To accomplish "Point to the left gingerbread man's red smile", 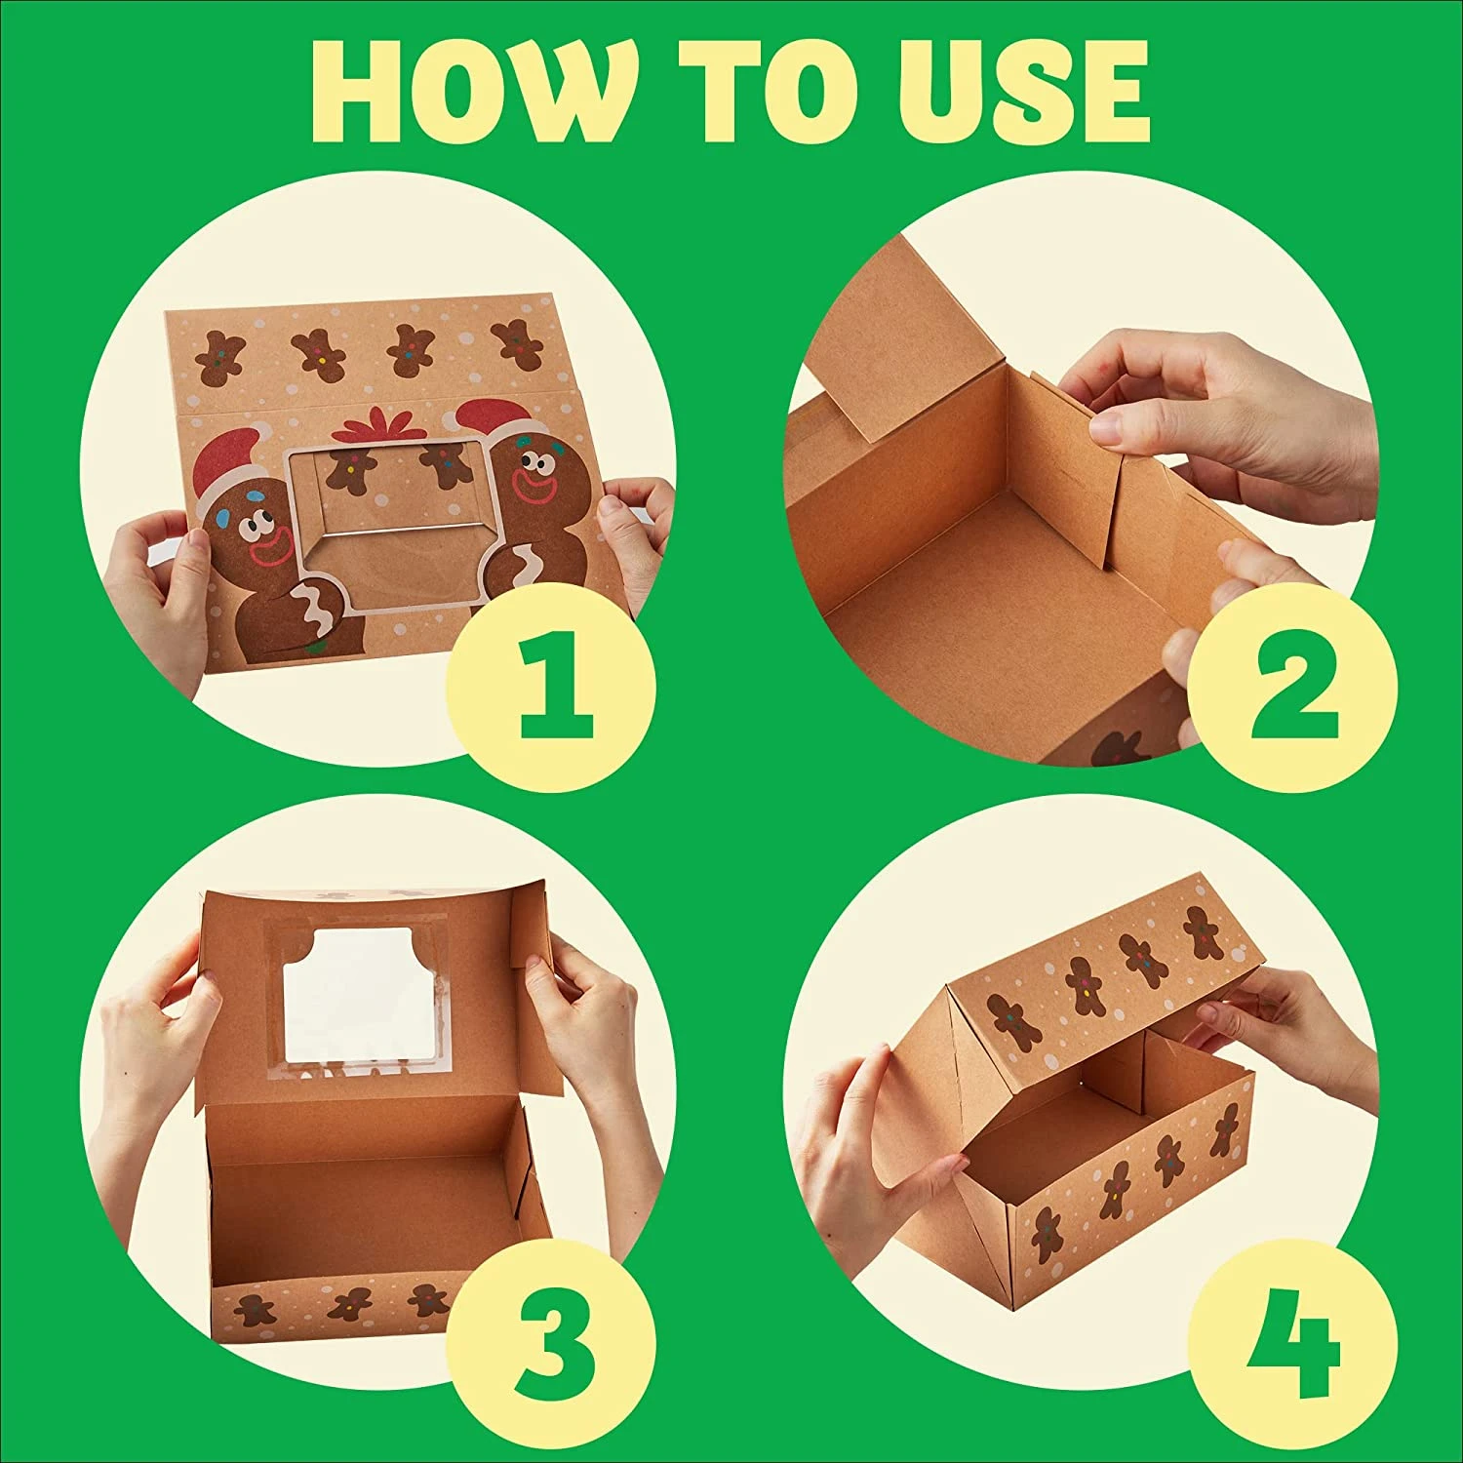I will pyautogui.click(x=268, y=551).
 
